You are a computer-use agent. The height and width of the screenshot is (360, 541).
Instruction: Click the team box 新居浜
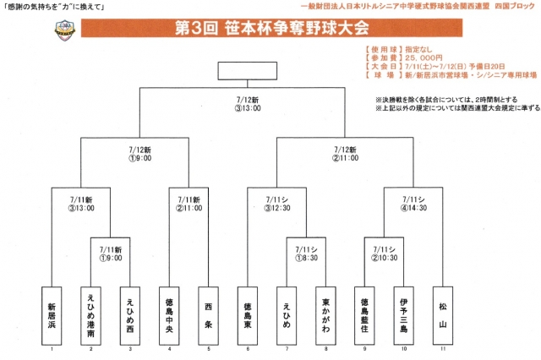(52, 313)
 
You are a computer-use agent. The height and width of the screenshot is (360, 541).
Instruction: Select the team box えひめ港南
(91, 313)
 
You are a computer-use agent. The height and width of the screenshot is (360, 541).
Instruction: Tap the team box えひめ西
(129, 313)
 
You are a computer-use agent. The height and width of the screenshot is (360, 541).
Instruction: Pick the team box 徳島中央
(169, 313)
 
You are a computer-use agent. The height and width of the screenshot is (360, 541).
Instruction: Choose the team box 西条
(208, 313)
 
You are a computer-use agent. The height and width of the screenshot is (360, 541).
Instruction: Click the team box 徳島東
(247, 313)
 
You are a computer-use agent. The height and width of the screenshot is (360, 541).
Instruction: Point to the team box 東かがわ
(325, 313)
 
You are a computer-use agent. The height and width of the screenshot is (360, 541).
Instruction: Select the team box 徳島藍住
(363, 313)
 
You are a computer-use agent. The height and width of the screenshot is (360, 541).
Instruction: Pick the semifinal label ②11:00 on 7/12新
(345, 157)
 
